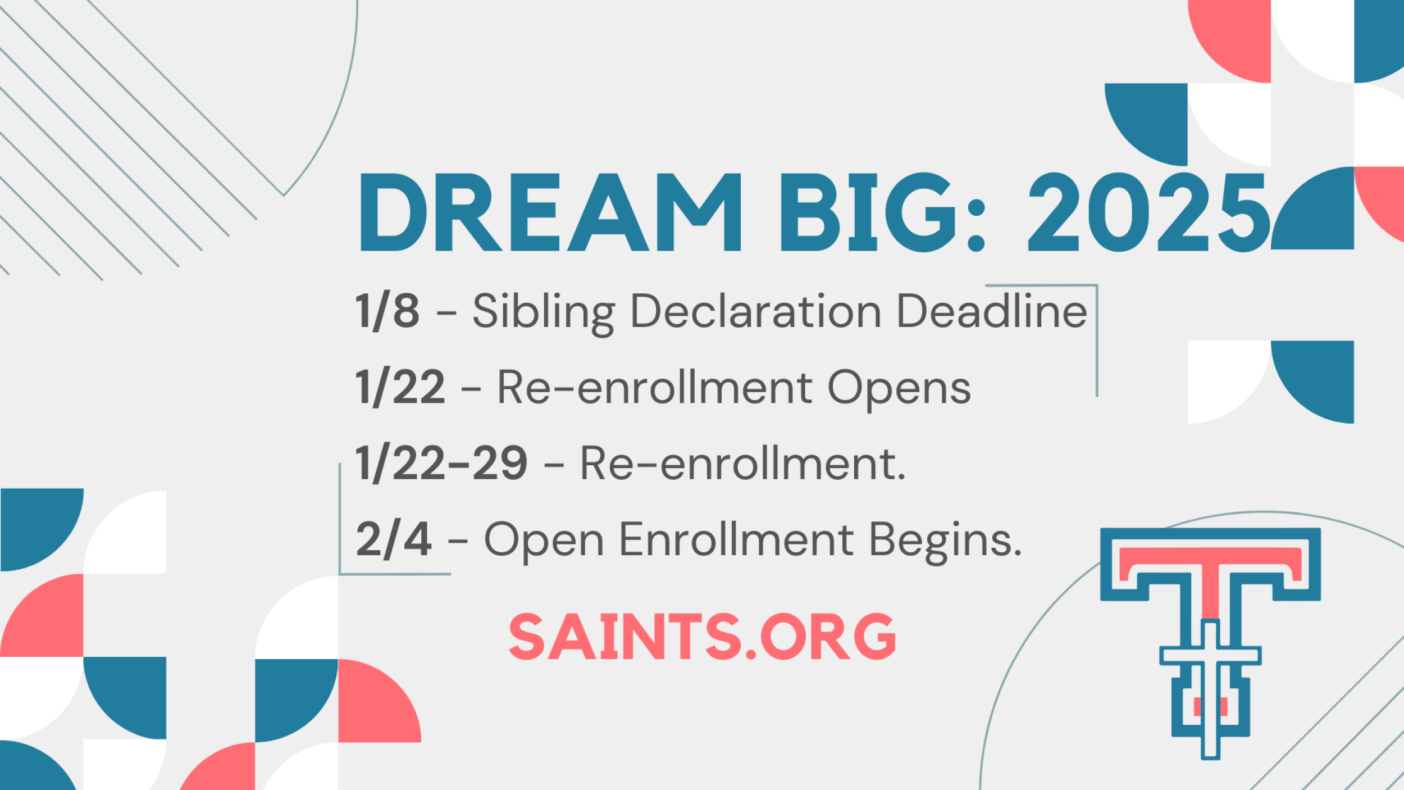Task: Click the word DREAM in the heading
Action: pyautogui.click(x=550, y=212)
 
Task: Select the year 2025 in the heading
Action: pyautogui.click(x=1149, y=212)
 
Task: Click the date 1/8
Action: pyautogui.click(x=388, y=311)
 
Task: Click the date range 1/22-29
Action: pyautogui.click(x=441, y=464)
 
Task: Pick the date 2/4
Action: pyautogui.click(x=394, y=539)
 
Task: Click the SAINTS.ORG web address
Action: pyautogui.click(x=702, y=636)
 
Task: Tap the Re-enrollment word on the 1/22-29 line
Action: pyautogui.click(x=742, y=464)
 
